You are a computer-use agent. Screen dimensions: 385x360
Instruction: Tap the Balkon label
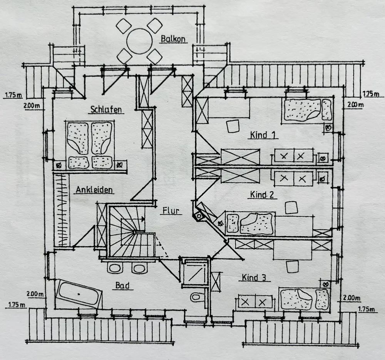pyautogui.click(x=173, y=39)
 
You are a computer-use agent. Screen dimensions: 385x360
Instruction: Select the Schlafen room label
pyautogui.click(x=106, y=109)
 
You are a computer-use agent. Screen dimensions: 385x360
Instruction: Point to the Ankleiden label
pyautogui.click(x=94, y=190)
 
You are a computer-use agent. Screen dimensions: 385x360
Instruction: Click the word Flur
pyautogui.click(x=171, y=211)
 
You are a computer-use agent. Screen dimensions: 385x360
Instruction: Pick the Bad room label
pyautogui.click(x=122, y=285)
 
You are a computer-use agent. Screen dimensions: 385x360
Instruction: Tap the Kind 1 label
pyautogui.click(x=263, y=135)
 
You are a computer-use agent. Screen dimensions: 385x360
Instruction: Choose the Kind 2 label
pyautogui.click(x=262, y=195)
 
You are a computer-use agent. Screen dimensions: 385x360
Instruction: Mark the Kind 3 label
pyautogui.click(x=254, y=277)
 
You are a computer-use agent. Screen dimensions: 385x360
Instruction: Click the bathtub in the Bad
pyautogui.click(x=79, y=293)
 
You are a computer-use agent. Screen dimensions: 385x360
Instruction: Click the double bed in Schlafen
pyautogui.click(x=90, y=145)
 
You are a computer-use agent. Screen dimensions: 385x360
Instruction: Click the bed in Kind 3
pyautogui.click(x=305, y=300)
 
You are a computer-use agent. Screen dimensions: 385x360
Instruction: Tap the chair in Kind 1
pyautogui.click(x=233, y=126)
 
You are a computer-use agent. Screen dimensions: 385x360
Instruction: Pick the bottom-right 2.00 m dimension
pyautogui.click(x=352, y=298)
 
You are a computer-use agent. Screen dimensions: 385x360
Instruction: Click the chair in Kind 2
pyautogui.click(x=291, y=208)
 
